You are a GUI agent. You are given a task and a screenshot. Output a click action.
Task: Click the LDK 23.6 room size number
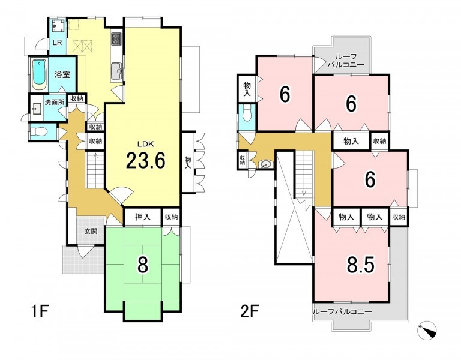pyautogui.click(x=145, y=161)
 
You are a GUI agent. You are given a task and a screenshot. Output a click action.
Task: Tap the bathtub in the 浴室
pyautogui.click(x=39, y=74)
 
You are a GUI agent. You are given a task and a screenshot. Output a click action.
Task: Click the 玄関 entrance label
pyautogui.click(x=91, y=231)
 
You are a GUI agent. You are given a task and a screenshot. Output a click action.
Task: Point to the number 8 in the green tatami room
pyautogui.click(x=143, y=265)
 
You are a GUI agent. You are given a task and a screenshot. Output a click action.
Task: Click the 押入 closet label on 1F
pyautogui.click(x=143, y=217)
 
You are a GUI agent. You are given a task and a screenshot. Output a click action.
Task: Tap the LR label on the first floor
pyautogui.click(x=57, y=43)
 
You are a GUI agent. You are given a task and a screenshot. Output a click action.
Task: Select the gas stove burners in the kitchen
pyautogui.click(x=115, y=39)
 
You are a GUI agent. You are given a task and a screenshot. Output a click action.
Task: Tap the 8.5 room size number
pyautogui.click(x=361, y=265)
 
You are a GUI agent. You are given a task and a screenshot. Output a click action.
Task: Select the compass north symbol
pyautogui.click(x=427, y=330)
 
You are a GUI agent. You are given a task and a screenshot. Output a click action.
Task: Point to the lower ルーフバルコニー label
pyautogui.click(x=343, y=312)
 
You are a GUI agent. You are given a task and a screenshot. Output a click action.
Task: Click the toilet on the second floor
pyautogui.click(x=247, y=113)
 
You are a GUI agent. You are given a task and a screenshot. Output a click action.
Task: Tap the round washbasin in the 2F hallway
pyautogui.click(x=265, y=164)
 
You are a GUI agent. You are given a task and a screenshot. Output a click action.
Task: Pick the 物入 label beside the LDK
pyautogui.click(x=188, y=163)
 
